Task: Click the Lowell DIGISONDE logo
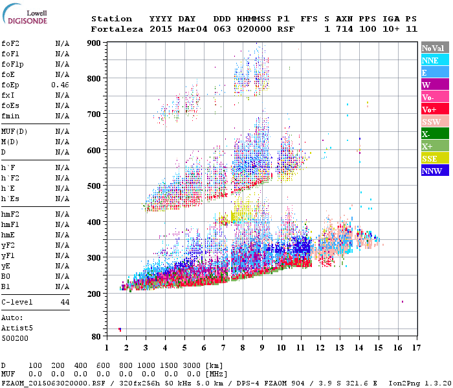click(x=25, y=16)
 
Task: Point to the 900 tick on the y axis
click(x=94, y=43)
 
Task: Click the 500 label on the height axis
click(x=94, y=186)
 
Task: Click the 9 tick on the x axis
click(x=262, y=348)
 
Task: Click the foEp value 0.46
click(x=61, y=85)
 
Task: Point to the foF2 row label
click(x=9, y=44)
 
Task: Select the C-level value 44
click(x=65, y=302)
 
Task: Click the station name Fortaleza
click(x=118, y=29)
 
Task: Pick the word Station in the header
click(x=111, y=19)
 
